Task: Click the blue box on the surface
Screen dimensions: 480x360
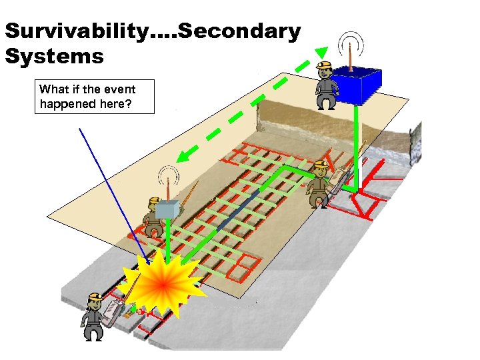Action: [357, 86]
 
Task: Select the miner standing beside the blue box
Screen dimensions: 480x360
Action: [325, 85]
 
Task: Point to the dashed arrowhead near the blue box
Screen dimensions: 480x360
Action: [321, 53]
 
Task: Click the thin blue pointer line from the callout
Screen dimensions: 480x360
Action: [110, 187]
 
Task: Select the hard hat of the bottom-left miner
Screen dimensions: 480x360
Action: [95, 297]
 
